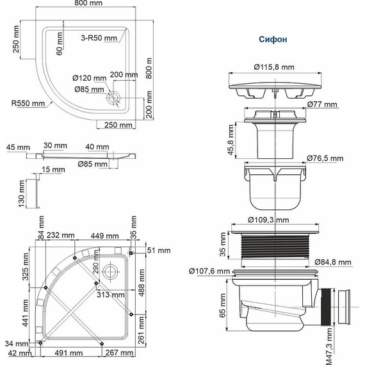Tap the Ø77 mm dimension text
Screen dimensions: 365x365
(321, 104)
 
